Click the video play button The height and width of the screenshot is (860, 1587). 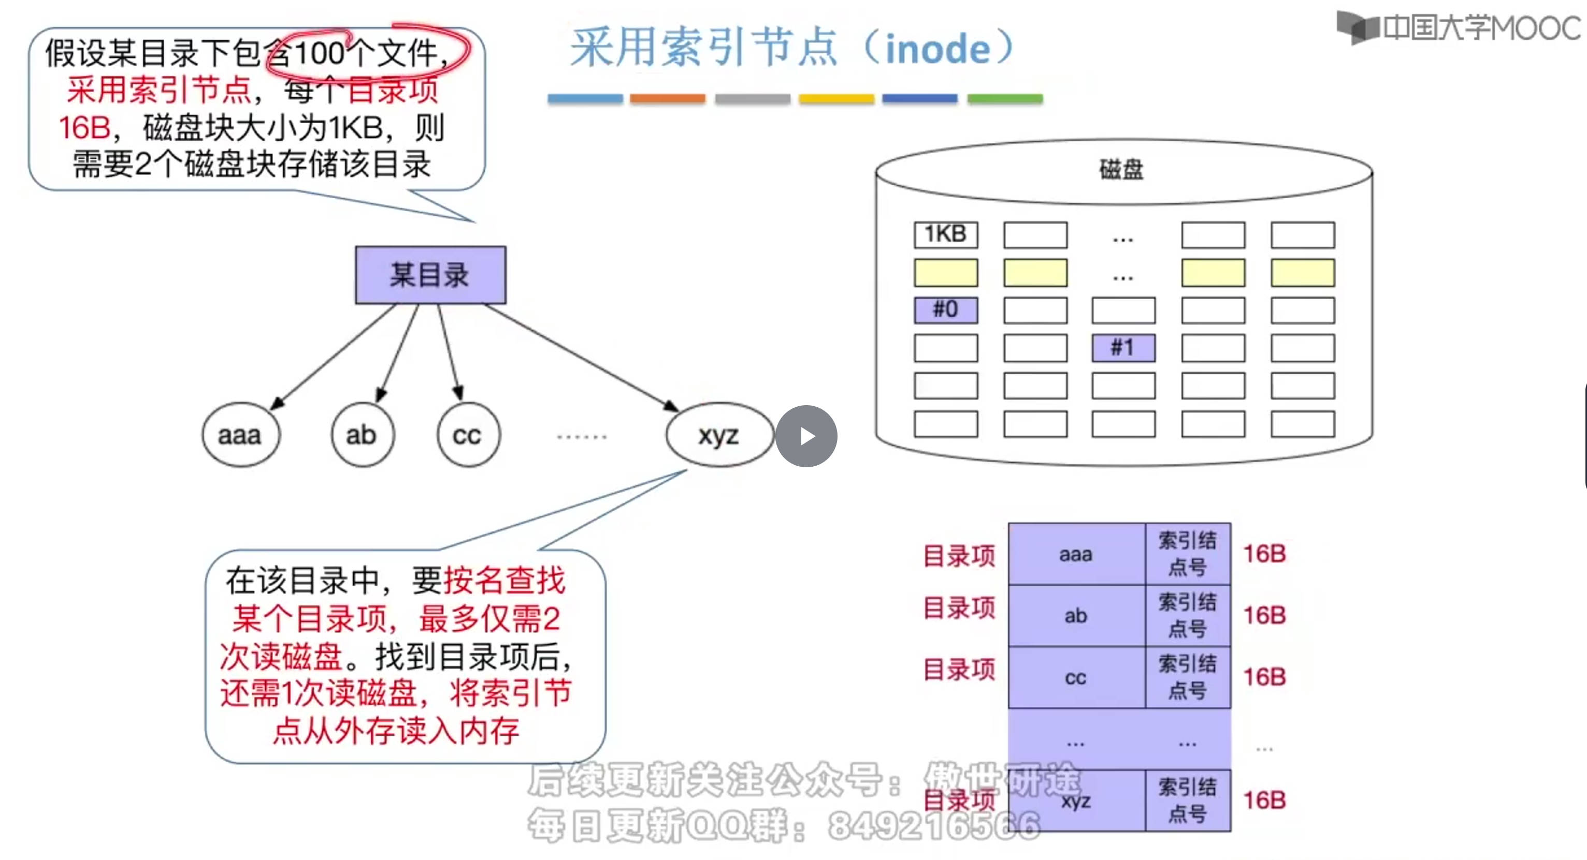(806, 436)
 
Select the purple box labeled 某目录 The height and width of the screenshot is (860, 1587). (430, 275)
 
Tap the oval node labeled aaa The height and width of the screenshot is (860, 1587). (240, 435)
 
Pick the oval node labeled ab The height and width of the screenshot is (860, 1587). (362, 435)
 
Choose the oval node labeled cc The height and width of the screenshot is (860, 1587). (467, 435)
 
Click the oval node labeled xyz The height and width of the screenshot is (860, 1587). (718, 435)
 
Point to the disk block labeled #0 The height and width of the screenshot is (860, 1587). (945, 309)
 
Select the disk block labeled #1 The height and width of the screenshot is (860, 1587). (1122, 348)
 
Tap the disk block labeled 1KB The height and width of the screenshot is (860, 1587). (945, 234)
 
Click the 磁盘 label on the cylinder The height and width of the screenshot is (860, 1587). (1121, 169)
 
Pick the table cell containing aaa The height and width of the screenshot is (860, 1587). (1076, 554)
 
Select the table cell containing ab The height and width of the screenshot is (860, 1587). (1076, 616)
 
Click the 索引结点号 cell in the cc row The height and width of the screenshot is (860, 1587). (1187, 677)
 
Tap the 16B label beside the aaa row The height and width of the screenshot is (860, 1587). (1264, 554)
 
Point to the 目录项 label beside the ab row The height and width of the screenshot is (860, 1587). (959, 608)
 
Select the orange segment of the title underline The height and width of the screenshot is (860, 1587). (667, 98)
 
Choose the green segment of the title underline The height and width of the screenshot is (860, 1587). (1004, 98)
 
